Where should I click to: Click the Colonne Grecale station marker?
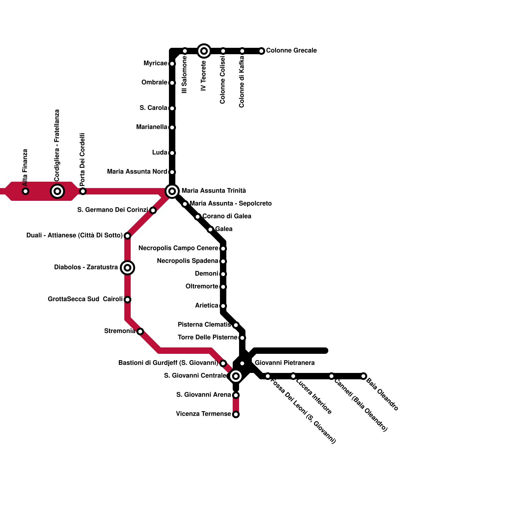click(261, 51)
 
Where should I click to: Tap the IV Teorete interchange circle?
click(204, 51)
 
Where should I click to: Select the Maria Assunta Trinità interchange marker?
click(172, 191)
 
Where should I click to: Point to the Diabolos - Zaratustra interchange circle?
click(127, 268)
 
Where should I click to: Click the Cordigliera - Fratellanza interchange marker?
click(57, 191)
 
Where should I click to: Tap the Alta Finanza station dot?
click(25, 191)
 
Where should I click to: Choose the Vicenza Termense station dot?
click(236, 414)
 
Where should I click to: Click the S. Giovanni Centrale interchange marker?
click(236, 376)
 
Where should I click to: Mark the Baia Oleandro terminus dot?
click(363, 376)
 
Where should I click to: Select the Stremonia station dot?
click(140, 331)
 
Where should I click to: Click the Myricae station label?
click(155, 63)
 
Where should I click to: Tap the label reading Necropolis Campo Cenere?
click(178, 248)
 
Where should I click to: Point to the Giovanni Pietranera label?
click(285, 363)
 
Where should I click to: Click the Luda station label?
click(159, 153)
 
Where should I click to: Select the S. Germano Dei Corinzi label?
click(113, 210)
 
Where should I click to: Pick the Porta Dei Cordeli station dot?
click(83, 191)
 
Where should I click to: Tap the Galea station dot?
click(210, 229)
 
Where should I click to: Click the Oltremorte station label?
click(202, 287)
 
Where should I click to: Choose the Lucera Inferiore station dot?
click(293, 376)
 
